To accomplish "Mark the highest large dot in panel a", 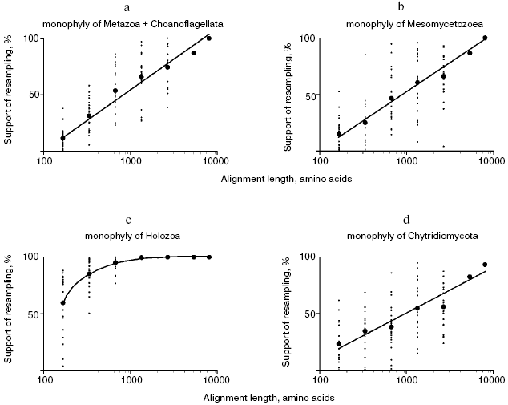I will tap(209, 38).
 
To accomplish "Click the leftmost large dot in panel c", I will tap(63, 303).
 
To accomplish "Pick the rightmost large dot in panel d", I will tap(485, 265).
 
